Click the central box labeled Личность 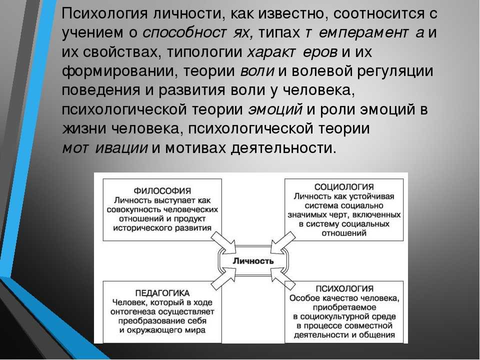coord(253,261)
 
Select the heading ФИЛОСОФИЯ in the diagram coord(162,191)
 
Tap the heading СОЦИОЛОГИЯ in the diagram coord(344,187)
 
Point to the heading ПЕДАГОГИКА coord(162,293)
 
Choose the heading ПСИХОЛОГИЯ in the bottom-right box coord(344,288)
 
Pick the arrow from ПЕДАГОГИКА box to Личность coord(224,278)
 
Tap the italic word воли coord(257,71)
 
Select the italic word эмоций coord(275,110)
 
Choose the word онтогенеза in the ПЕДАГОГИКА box coord(135,312)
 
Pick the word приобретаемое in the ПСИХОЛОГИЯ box coord(344,307)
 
